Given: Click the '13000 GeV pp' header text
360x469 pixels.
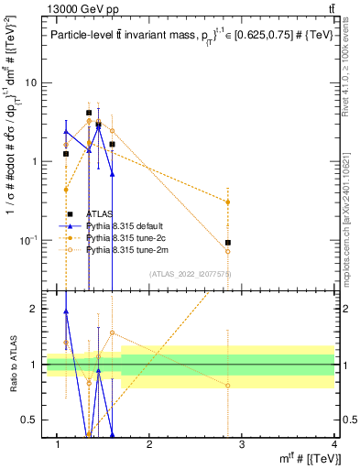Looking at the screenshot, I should pos(81,10).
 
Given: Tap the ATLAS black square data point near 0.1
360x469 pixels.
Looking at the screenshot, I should pos(227,243).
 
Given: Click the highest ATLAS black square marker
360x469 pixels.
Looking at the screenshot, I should pos(89,113).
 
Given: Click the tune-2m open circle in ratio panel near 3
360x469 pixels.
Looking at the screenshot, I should pos(227,386).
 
